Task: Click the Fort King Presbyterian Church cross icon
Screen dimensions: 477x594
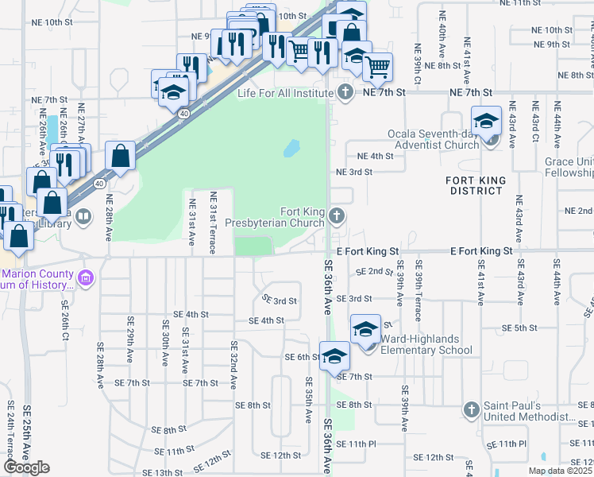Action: point(337,215)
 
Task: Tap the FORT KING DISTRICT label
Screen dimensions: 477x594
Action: point(476,185)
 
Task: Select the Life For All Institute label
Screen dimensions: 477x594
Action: point(285,93)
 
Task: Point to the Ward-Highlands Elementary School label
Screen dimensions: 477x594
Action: point(426,344)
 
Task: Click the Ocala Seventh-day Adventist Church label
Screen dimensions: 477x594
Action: point(433,139)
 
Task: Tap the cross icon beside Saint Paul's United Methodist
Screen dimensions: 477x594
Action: point(472,410)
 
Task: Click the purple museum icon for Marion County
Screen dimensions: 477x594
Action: point(87,279)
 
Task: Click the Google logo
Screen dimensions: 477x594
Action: point(26,467)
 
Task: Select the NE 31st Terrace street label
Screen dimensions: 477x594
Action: point(213,223)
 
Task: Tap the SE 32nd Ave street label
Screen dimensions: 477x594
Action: point(233,365)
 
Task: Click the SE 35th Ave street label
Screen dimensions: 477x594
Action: point(308,400)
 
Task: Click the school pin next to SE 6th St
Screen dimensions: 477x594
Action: point(334,355)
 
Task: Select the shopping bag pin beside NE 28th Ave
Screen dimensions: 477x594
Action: point(119,157)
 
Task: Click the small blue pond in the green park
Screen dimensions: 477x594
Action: point(291,148)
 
